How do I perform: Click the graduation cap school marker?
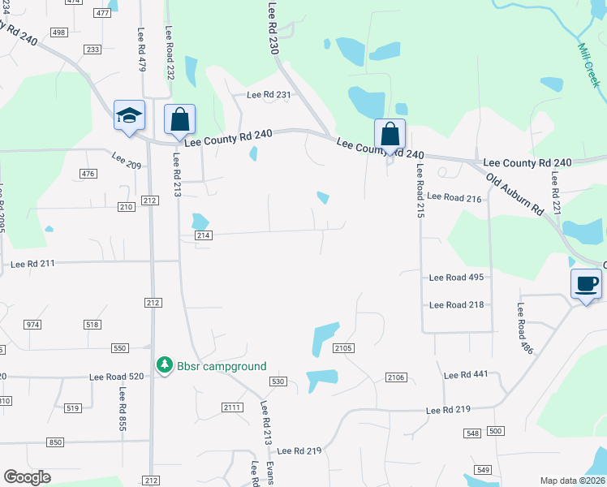[x=129, y=116]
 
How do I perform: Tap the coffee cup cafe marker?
[x=586, y=284]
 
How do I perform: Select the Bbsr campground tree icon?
[x=164, y=366]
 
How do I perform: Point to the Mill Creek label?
[x=588, y=65]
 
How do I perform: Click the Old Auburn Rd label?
[x=515, y=193]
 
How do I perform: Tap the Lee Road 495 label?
[x=456, y=278]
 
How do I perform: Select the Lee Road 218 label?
[x=456, y=304]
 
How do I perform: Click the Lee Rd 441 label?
[x=465, y=375]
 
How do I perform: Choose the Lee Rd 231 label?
[x=269, y=95]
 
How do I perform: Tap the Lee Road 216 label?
[x=454, y=197]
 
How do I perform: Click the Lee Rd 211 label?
[x=33, y=264]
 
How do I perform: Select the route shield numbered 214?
[x=203, y=235]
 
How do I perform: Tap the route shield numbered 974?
[x=32, y=325]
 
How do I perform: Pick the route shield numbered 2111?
[x=231, y=407]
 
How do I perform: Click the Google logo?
[x=27, y=477]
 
